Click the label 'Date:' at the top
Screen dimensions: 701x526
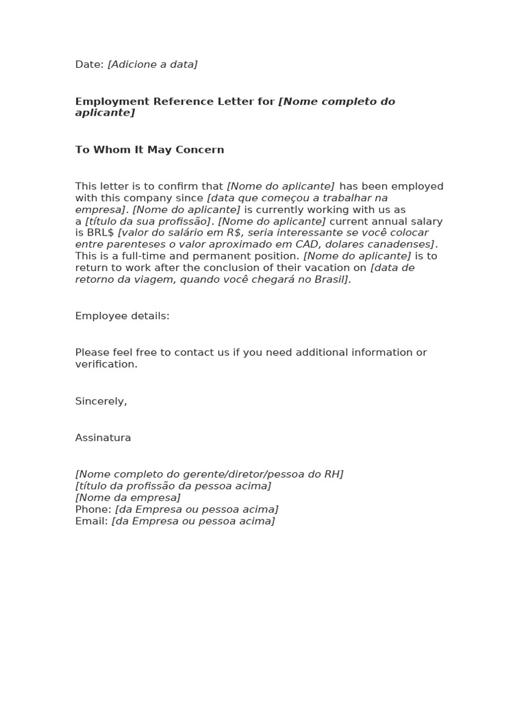[x=89, y=64]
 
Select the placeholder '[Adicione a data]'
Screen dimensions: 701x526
[x=153, y=64]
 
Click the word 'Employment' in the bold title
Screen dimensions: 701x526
[x=112, y=101]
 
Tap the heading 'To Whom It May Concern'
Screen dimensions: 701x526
[x=149, y=150]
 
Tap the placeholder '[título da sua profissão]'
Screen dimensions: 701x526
[x=149, y=221]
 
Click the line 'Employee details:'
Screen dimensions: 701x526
[x=122, y=316]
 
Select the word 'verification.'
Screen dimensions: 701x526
[x=106, y=364]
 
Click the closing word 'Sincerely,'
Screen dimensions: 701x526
[x=101, y=401]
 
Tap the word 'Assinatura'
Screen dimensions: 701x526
[x=103, y=438]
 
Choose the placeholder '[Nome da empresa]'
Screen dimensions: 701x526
[x=127, y=498]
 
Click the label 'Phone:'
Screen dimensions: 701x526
[x=92, y=509]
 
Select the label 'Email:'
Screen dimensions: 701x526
[x=91, y=521]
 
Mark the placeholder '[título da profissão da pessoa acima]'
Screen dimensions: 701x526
[x=173, y=486]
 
